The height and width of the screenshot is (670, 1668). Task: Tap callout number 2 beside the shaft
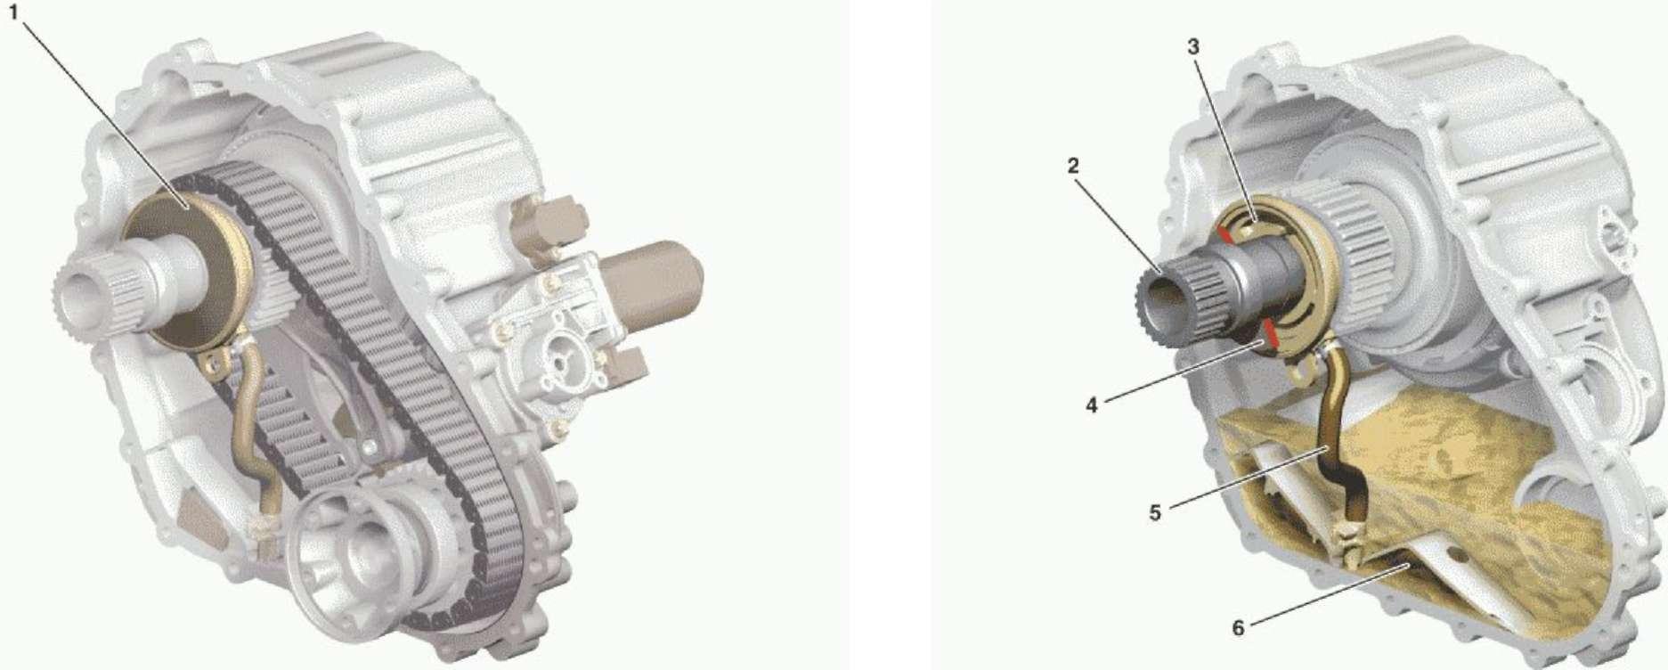1074,166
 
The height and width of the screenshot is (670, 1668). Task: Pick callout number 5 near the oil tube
1155,513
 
